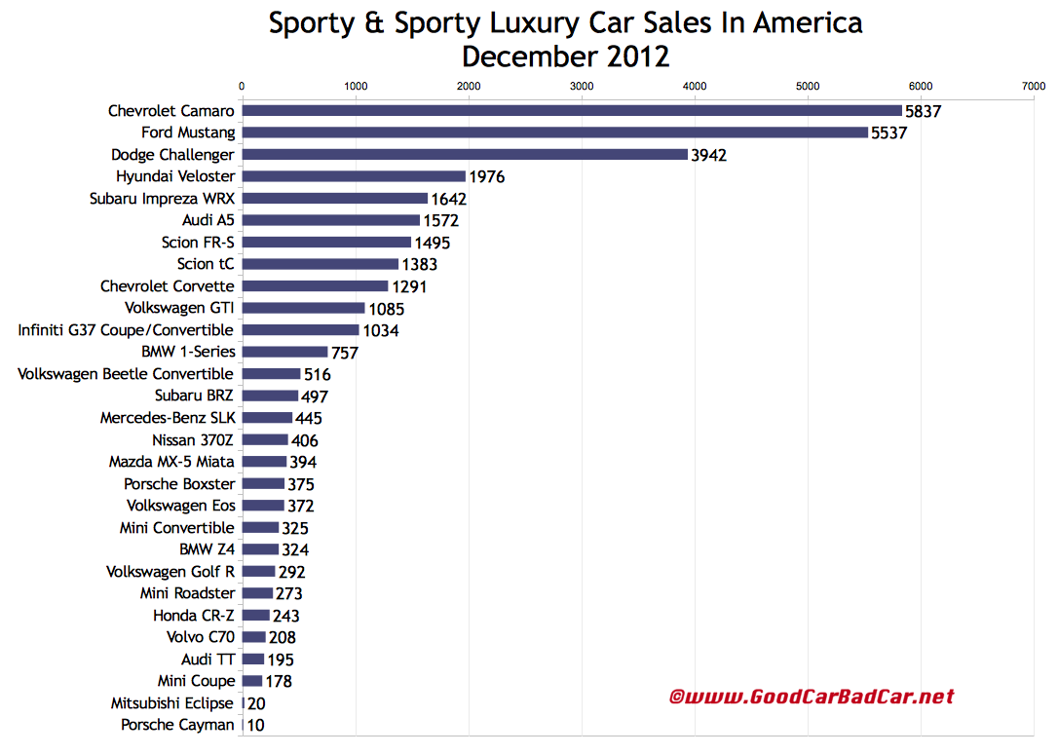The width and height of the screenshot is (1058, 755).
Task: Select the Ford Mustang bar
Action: pos(554,132)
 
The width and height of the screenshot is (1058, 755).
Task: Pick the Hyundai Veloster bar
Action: pos(354,176)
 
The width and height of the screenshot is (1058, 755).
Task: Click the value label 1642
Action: pos(448,199)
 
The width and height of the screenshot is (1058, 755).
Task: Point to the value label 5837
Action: pos(923,111)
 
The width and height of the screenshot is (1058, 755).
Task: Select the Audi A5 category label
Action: pos(207,220)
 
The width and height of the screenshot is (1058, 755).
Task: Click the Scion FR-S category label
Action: pos(198,243)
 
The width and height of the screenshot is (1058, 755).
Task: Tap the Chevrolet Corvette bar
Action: pos(315,286)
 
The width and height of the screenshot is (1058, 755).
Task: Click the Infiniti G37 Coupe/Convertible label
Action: pos(126,330)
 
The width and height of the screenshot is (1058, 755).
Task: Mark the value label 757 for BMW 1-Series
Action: pos(345,353)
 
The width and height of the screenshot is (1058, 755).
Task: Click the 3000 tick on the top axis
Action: pos(582,87)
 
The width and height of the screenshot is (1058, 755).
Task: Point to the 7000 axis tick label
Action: pos(1034,87)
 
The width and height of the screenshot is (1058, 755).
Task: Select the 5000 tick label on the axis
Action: pos(808,87)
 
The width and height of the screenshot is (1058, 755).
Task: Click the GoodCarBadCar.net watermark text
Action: pos(812,697)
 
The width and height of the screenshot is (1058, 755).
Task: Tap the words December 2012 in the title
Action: pos(565,56)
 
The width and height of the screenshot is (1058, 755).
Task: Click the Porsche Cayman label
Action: pos(177,725)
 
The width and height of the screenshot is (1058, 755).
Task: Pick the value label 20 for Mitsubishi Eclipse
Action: pos(255,703)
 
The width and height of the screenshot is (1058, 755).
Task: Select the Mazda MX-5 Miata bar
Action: pos(264,462)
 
